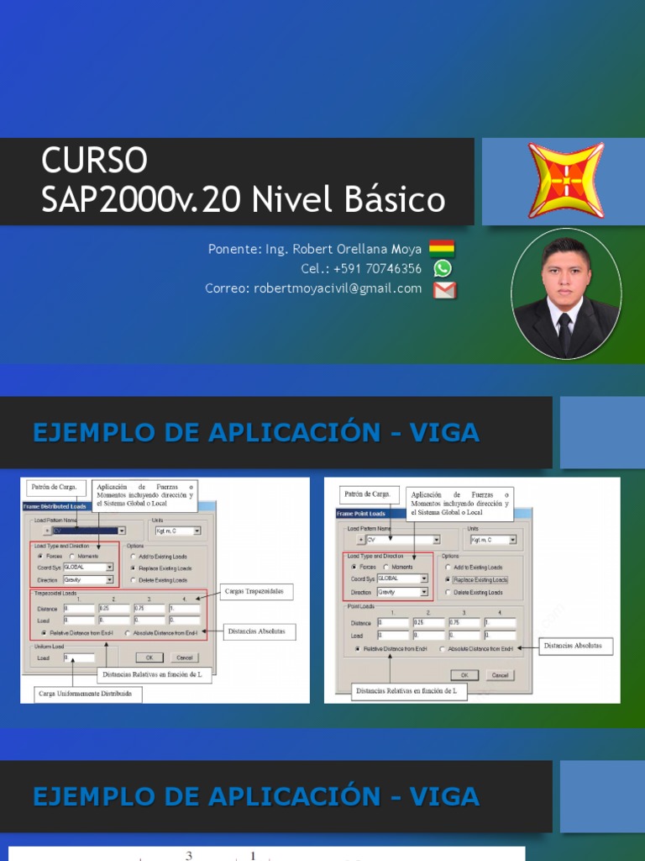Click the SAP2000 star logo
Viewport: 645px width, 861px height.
click(565, 181)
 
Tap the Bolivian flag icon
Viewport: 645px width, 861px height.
click(442, 248)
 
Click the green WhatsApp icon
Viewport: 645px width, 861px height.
click(443, 268)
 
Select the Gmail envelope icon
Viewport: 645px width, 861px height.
click(444, 290)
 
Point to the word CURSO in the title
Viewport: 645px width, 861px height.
click(94, 160)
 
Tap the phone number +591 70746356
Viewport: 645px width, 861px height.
click(361, 268)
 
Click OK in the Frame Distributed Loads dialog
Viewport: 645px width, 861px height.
click(149, 657)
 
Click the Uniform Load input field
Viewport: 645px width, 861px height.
click(78, 658)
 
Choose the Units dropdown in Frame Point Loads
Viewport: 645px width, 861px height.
click(494, 540)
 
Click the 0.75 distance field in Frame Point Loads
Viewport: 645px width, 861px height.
click(464, 623)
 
